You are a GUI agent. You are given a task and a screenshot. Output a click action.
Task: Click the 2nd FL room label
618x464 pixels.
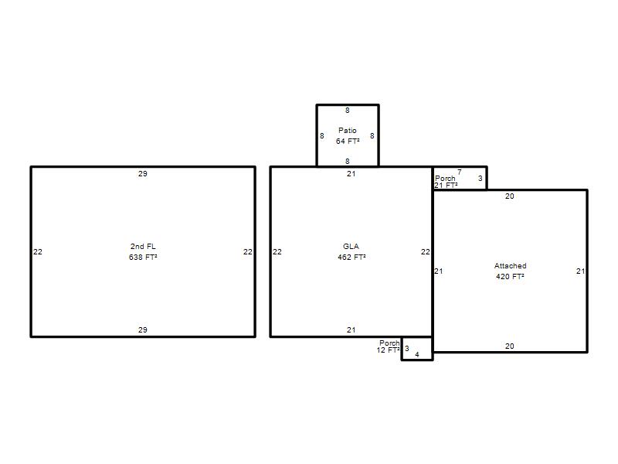point(143,246)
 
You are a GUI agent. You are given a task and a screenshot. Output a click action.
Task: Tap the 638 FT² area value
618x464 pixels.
point(143,257)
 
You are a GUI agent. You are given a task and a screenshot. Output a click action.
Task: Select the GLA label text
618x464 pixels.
point(351,246)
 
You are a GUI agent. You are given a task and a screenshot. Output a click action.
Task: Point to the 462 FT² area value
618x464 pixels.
point(351,257)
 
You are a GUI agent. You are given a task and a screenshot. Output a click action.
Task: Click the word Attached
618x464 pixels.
point(511,265)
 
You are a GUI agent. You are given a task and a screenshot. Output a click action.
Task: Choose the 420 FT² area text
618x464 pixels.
point(510,276)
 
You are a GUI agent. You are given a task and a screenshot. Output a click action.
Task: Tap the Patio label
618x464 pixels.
point(347,130)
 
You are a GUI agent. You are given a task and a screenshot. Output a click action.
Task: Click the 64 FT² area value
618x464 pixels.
point(348,141)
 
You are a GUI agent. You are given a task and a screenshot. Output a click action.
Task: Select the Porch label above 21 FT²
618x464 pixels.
point(445,179)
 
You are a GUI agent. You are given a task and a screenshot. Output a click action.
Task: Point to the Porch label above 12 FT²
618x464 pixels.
point(389,343)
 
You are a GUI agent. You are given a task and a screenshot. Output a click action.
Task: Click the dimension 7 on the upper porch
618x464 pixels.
point(460,172)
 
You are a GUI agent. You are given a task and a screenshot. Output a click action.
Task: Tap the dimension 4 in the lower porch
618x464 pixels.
point(417,354)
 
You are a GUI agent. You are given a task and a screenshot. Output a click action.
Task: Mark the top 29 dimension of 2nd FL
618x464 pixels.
point(143,173)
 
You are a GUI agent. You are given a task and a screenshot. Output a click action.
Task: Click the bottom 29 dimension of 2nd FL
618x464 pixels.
point(143,329)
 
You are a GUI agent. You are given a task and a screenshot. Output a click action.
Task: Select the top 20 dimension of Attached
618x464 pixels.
point(510,196)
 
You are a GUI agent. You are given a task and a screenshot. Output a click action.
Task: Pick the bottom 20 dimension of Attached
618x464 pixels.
point(510,346)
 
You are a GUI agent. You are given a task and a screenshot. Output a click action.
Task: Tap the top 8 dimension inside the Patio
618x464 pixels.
point(347,111)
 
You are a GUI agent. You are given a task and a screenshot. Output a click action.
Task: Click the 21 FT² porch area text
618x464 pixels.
point(447,185)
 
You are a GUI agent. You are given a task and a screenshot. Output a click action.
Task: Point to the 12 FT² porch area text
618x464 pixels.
point(389,350)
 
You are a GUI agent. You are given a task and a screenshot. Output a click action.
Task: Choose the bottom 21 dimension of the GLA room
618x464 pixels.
point(351,329)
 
